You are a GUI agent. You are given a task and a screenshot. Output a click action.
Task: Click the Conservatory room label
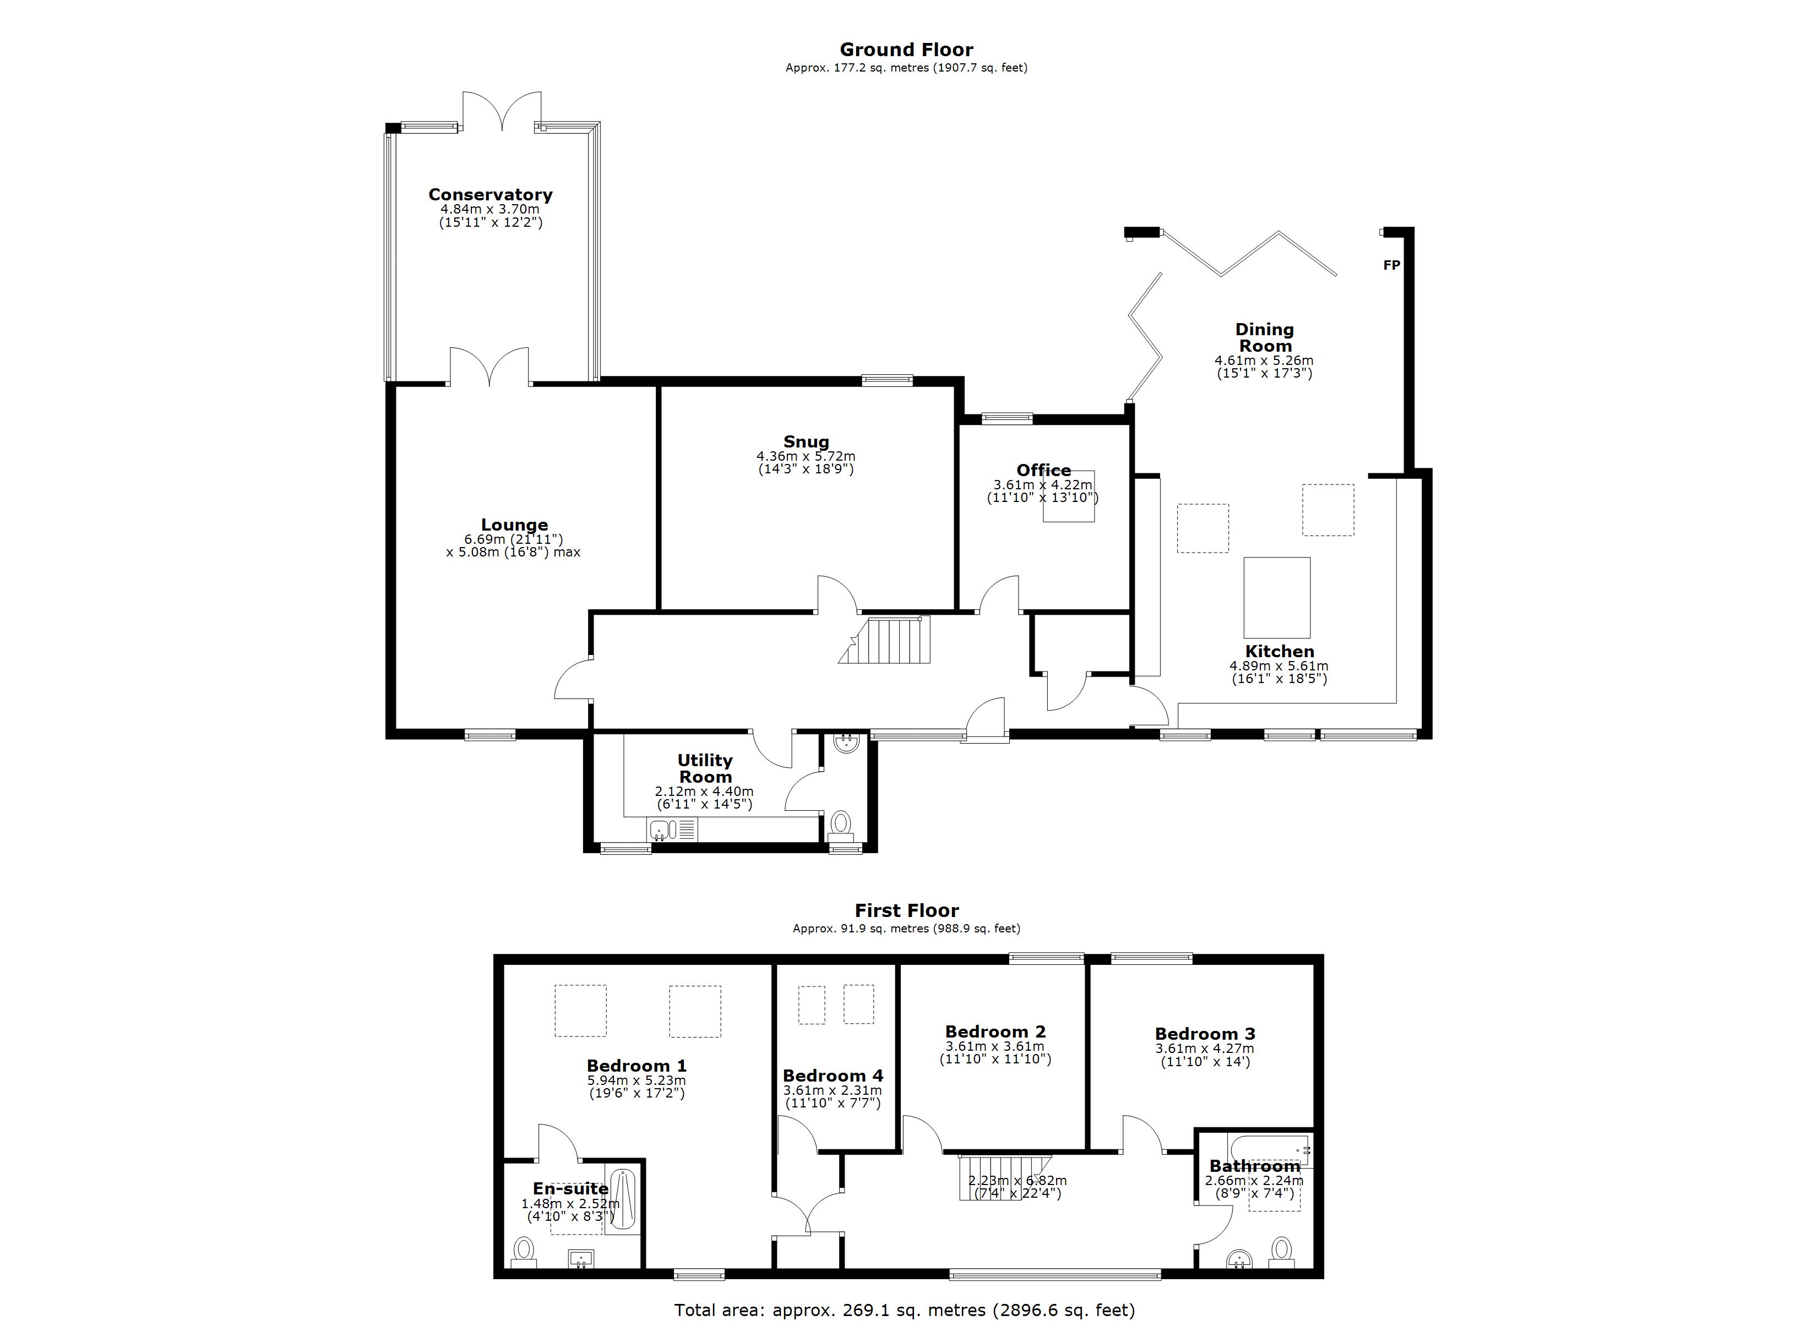490,195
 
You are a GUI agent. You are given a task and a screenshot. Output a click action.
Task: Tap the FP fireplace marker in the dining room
1391,265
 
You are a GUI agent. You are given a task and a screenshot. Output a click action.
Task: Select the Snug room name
806,441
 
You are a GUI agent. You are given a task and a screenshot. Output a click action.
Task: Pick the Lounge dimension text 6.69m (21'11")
514,540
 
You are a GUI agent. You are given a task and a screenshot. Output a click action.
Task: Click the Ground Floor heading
906,50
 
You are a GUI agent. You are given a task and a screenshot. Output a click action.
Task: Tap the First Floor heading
906,911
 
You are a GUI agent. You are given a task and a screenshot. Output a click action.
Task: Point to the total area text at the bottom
905,1310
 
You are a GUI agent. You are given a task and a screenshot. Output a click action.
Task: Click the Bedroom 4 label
833,1076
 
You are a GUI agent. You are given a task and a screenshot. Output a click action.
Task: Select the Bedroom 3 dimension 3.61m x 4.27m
1205,1049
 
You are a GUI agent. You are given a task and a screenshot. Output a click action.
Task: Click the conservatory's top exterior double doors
502,111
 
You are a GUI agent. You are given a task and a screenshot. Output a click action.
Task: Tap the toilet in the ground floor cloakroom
840,823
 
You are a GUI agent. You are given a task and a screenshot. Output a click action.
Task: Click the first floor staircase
1002,1177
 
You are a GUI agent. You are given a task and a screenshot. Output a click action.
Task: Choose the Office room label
1043,470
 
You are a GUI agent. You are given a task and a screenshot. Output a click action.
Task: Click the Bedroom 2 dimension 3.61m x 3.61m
995,1046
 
